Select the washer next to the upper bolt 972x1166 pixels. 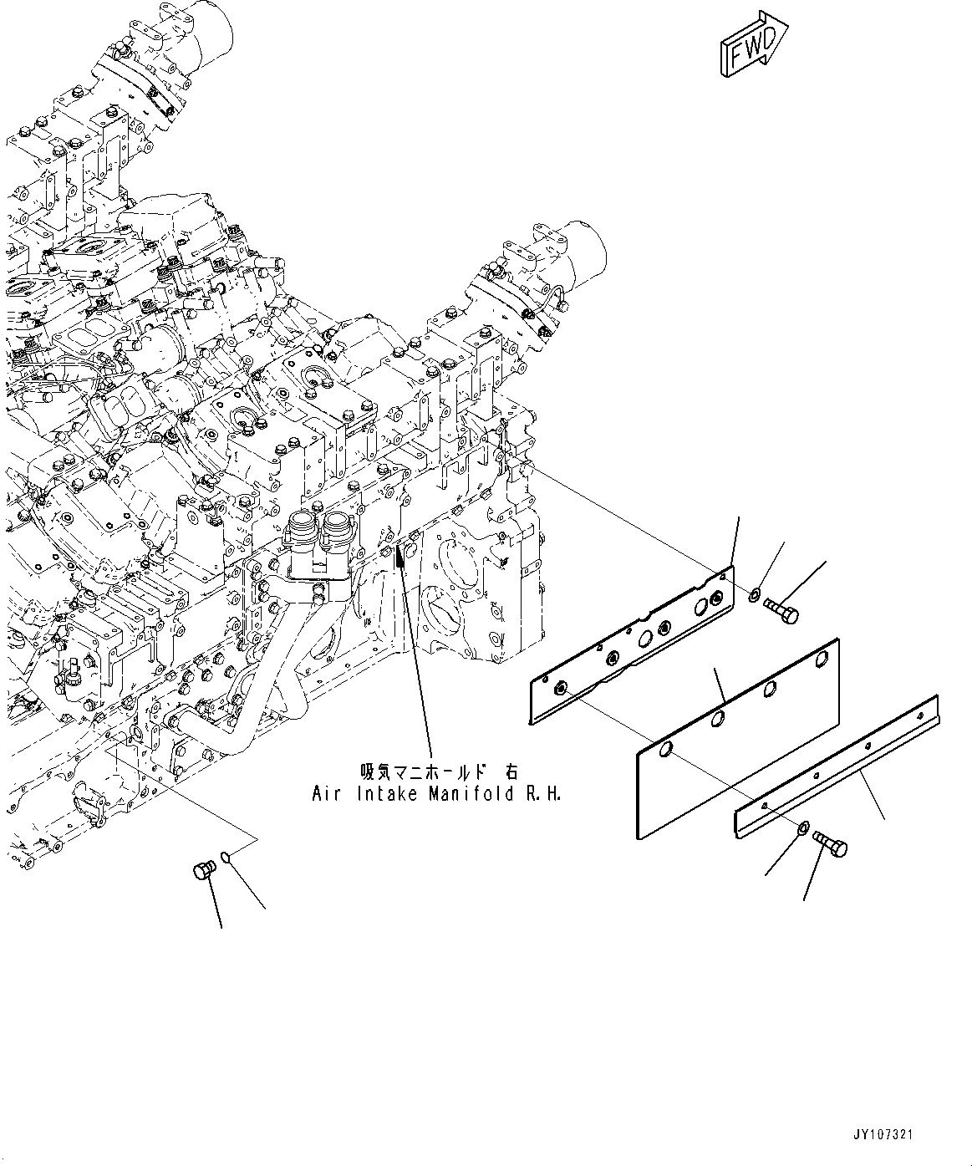[755, 595]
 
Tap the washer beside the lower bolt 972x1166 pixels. [802, 828]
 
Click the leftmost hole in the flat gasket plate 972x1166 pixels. [665, 749]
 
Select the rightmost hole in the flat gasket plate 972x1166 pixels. [818, 661]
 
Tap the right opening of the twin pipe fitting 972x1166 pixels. [336, 524]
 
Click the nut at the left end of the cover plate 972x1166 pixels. [561, 688]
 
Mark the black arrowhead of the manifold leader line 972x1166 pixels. [400, 552]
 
